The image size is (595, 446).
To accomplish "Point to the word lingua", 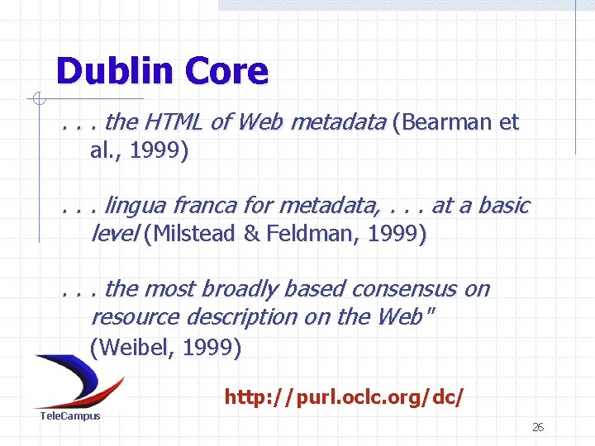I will click(x=138, y=206).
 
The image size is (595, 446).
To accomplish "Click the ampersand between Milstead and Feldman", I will click(x=251, y=235).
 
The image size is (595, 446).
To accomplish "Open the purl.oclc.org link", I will click(x=344, y=398).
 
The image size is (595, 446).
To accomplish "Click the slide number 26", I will click(x=538, y=427).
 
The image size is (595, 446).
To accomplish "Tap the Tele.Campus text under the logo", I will click(x=70, y=416).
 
